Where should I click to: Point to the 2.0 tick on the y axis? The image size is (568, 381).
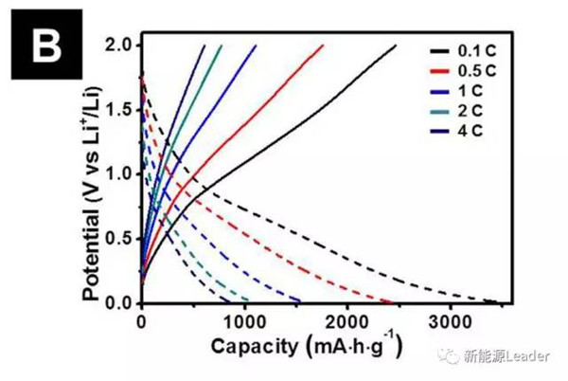[x=121, y=45]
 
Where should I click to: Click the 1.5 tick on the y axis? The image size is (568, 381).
[x=121, y=110]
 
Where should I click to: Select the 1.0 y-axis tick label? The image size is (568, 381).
[x=121, y=174]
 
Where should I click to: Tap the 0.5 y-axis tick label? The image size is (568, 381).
[x=121, y=239]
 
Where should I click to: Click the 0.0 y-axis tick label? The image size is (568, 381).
[x=121, y=303]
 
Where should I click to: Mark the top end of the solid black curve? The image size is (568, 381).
[x=396, y=45]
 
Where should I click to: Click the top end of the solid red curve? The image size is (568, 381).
[x=324, y=45]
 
